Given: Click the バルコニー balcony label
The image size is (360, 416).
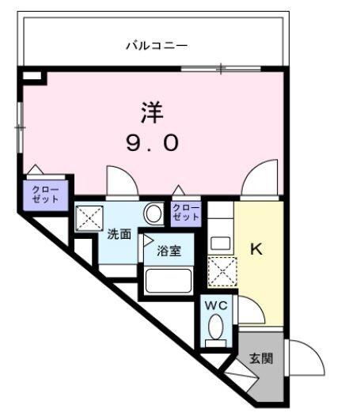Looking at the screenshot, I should coord(156,46).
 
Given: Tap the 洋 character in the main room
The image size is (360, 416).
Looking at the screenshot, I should coord(153,112).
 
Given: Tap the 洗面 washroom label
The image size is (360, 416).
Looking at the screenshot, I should coord(119,235).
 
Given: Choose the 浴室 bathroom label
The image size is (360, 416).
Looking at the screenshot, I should coord(168,251).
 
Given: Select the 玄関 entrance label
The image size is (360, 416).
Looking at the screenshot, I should coord(262,359).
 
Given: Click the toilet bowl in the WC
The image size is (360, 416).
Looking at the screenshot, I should coord(215,327).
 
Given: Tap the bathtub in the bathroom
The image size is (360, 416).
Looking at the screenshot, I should coord(168,280).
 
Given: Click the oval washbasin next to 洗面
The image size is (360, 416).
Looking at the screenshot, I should coord(153,214).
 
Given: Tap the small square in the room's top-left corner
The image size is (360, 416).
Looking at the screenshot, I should coord(32,77).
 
